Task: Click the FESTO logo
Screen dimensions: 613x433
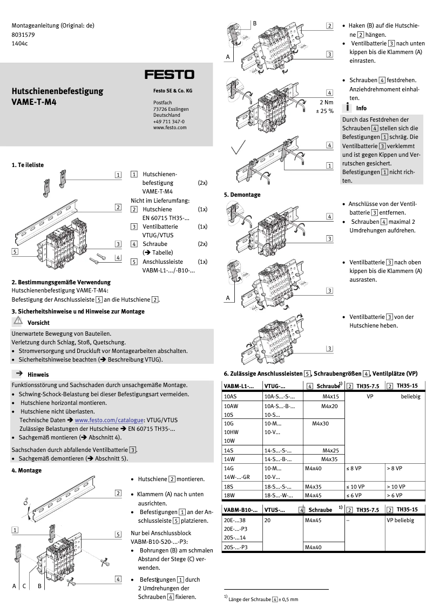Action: pyautogui.click(x=169, y=75)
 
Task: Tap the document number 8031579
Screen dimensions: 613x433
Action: pyautogui.click(x=23, y=34)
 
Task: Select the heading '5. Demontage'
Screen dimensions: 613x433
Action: pyautogui.click(x=242, y=195)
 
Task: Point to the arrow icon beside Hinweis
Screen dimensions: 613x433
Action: pyautogui.click(x=18, y=374)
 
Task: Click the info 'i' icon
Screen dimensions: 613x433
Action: pyautogui.click(x=348, y=108)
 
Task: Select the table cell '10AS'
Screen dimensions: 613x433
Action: pyautogui.click(x=231, y=397)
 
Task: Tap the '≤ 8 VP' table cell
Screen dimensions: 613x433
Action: pyautogui.click(x=354, y=468)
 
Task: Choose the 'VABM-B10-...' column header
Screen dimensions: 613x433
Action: pyautogui.click(x=240, y=510)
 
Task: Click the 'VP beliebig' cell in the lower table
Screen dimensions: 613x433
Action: pyautogui.click(x=400, y=520)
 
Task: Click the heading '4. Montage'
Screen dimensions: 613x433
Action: pyautogui.click(x=26, y=470)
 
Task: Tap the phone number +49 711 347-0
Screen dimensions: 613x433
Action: pyautogui.click(x=168, y=122)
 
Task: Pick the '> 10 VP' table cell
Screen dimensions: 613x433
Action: pyautogui.click(x=396, y=487)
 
